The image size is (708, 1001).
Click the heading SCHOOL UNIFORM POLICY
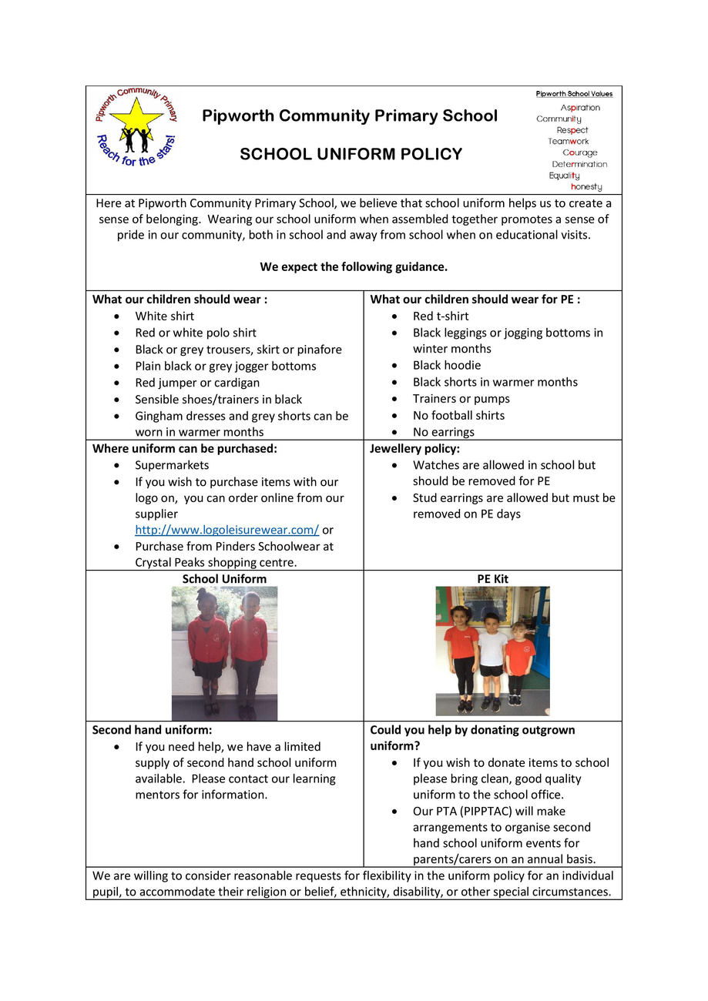click(351, 154)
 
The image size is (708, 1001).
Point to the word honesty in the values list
click(586, 187)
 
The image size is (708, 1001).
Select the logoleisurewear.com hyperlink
click(226, 530)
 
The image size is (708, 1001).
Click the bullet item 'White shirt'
click(164, 316)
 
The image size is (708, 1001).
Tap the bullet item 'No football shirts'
click(458, 415)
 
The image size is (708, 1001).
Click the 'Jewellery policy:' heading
click(414, 448)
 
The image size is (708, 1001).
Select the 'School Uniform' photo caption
click(224, 578)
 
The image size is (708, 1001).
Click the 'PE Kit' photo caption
click(492, 578)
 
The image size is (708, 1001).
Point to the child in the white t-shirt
click(492, 658)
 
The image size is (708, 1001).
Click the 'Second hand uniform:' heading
click(152, 729)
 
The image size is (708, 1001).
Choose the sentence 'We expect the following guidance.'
click(354, 267)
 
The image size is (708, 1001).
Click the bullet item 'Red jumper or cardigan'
click(197, 383)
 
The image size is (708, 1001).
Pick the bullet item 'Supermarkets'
click(172, 465)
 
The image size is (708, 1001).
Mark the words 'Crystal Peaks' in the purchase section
click(170, 562)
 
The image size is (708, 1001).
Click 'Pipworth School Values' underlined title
click(574, 94)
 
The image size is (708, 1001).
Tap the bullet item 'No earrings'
click(443, 432)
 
